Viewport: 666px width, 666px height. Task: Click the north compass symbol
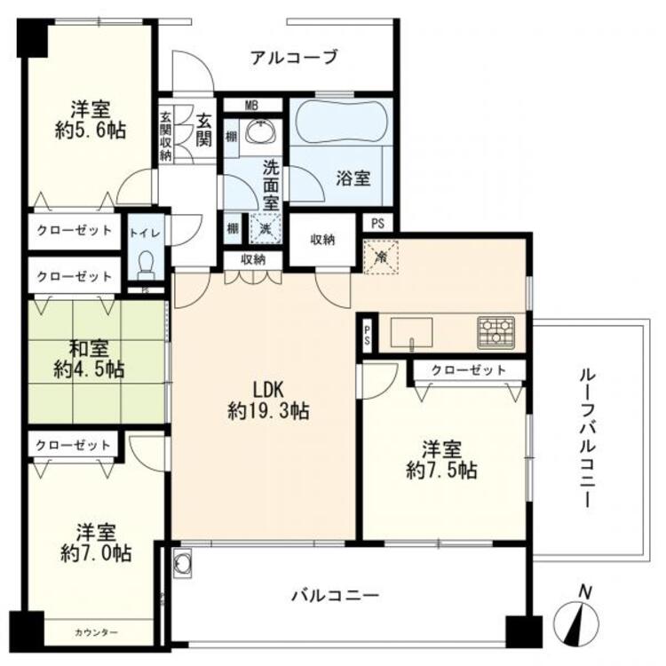point(578,617)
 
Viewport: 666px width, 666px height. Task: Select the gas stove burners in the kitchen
point(496,332)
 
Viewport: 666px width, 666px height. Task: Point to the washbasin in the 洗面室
point(261,131)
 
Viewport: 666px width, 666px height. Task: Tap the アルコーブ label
point(294,58)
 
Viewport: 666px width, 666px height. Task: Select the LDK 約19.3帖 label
point(268,400)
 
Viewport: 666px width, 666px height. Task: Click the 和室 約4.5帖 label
point(89,360)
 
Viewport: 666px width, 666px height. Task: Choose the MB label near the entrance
point(251,106)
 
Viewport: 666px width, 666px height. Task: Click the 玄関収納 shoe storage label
point(165,136)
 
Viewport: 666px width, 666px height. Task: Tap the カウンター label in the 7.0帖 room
point(96,633)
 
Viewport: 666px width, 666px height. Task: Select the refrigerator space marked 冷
point(381,257)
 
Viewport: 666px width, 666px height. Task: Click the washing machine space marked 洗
point(266,228)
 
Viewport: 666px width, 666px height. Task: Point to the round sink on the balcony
point(183,563)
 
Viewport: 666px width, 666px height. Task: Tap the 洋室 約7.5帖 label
point(441,460)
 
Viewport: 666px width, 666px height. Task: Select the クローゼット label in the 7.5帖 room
point(469,371)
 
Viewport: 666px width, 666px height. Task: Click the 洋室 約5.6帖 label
point(91,120)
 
